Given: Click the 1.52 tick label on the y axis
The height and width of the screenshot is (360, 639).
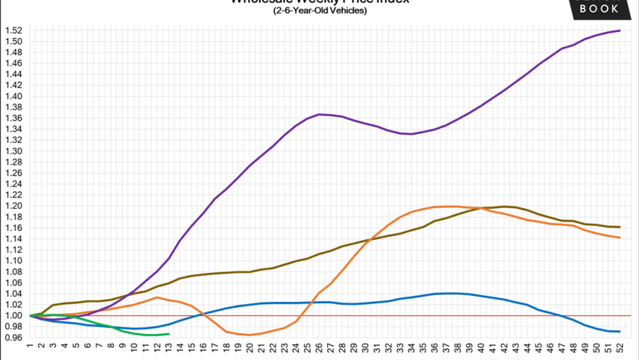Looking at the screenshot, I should point(14,30).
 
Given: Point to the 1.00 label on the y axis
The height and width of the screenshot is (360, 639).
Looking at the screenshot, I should point(14,316).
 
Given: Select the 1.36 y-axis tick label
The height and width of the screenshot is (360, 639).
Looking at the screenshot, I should point(14,118).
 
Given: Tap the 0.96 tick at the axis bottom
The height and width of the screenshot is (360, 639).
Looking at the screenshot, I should point(14,338).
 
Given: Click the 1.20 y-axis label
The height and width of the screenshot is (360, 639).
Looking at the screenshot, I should point(14,206).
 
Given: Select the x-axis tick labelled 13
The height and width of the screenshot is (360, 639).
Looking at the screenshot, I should point(169,349).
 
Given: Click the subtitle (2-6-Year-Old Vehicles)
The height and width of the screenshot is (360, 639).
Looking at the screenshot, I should point(319,10).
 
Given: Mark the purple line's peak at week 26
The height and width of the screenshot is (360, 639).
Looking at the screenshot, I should point(319,114).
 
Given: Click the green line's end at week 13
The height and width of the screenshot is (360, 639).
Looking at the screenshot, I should point(169,334).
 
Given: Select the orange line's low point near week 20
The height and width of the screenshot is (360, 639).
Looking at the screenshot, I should point(250,335).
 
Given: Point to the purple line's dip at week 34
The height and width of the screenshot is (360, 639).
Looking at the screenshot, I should point(411,134).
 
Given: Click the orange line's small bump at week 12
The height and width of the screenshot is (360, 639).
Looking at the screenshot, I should point(157,297).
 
